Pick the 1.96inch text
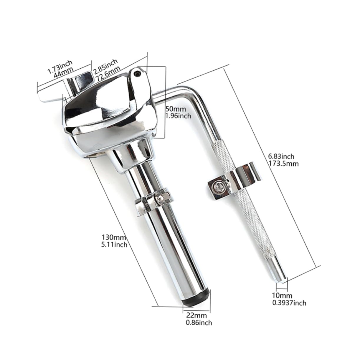(179, 115)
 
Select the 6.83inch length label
(281, 157)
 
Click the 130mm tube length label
(114, 237)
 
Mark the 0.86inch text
(199, 323)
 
